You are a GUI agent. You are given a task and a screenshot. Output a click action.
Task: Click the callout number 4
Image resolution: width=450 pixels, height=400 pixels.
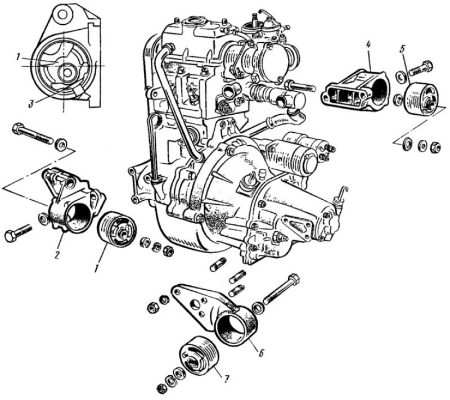coord(368,45)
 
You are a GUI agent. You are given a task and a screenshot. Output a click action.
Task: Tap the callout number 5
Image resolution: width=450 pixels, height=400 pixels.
coord(402,49)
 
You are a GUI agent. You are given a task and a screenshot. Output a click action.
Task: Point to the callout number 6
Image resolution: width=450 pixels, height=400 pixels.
coord(261,352)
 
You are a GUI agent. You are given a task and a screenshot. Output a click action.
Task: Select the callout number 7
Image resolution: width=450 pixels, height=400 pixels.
coord(226,379)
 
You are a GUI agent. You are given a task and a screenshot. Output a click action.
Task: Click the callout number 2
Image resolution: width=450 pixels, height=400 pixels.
coord(57,254)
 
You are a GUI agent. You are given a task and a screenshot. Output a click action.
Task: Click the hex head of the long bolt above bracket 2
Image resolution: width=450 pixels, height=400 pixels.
coord(17,128)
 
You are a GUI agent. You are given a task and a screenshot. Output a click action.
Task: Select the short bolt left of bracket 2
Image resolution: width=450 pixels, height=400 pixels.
coord(18,233)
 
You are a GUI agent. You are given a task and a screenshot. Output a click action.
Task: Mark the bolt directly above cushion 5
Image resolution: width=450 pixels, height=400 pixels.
coord(421,68)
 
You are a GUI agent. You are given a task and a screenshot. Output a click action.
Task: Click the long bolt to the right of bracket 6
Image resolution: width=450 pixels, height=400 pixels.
coord(281,289)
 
